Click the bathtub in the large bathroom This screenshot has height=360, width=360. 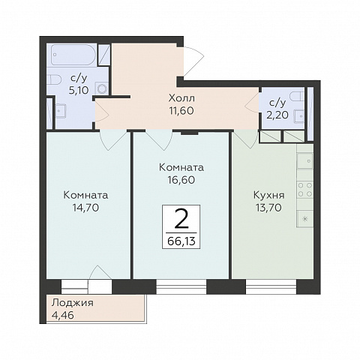[x=73, y=55]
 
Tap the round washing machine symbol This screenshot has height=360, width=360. [x=102, y=88]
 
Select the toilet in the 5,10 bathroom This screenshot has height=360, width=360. [x=53, y=80]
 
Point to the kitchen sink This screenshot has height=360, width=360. [x=305, y=160]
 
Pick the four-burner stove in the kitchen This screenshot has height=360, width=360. [x=305, y=189]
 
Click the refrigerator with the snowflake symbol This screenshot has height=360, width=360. [x=305, y=219]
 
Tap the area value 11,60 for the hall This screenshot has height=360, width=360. [x=181, y=110]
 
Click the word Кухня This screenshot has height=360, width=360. [x=268, y=196]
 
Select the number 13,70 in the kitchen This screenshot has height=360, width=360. [x=268, y=208]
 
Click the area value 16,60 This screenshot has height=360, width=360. [x=181, y=180]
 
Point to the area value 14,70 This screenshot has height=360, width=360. [x=85, y=207]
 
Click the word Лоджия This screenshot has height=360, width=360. [x=73, y=303]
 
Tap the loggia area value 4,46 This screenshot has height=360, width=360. [x=63, y=315]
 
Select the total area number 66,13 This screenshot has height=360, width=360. [x=181, y=241]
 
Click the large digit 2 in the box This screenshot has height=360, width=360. [x=181, y=219]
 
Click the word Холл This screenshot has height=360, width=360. [x=181, y=98]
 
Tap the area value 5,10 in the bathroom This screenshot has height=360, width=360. [x=79, y=90]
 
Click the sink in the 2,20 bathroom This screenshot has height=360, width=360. [x=299, y=115]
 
